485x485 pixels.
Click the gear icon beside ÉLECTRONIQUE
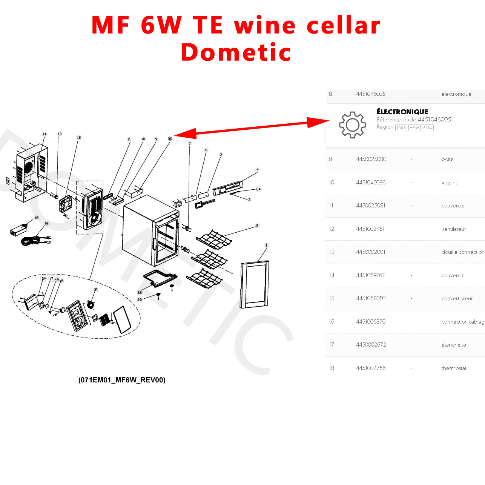(352, 125)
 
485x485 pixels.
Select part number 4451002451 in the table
(370, 229)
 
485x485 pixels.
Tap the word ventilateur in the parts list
(453, 229)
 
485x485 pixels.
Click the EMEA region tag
(401, 127)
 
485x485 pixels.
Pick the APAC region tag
(427, 127)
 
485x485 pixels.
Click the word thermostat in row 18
(454, 368)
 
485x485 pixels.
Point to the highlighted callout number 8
(170, 139)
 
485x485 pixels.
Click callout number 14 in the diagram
(45, 134)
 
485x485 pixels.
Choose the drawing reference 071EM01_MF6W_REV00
(122, 380)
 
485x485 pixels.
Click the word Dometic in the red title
(236, 52)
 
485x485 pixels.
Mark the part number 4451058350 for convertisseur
(371, 298)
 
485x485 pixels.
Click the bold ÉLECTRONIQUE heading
(402, 112)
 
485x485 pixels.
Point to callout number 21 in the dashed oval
(96, 290)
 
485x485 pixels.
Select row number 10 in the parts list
(332, 183)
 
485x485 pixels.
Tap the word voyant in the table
(449, 183)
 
